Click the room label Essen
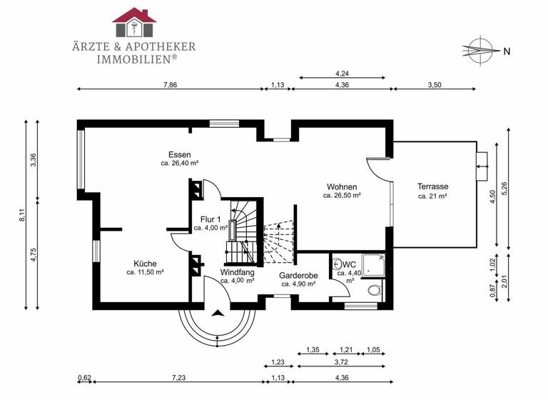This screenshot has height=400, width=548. (179, 154)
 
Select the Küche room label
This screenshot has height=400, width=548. (145, 263)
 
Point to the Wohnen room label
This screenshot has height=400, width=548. (340, 185)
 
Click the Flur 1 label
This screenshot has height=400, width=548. (210, 219)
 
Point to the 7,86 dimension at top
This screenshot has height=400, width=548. (170, 84)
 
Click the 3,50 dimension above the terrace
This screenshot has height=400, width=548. (435, 84)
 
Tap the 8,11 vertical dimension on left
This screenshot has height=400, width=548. (21, 214)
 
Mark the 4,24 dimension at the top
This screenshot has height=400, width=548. (342, 72)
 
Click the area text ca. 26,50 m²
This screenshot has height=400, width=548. (341, 195)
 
